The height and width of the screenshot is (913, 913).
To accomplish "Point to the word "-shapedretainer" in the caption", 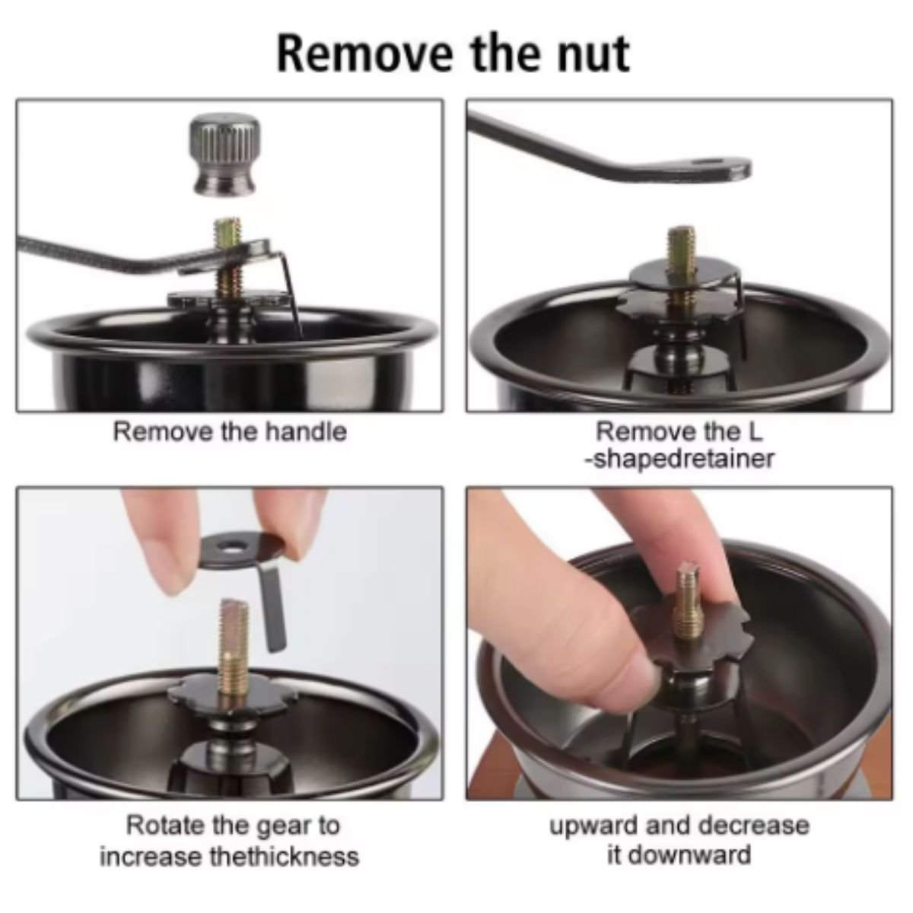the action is (679, 459).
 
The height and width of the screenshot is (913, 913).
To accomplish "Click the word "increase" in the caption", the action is (150, 857).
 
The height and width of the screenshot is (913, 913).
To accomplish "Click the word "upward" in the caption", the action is (593, 827).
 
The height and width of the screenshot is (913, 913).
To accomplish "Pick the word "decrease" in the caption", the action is (755, 826).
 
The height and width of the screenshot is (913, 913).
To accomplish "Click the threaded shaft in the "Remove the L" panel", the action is (682, 266).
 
